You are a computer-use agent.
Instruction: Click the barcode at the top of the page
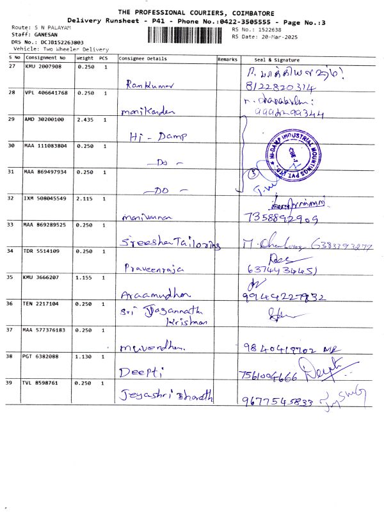click(188, 33)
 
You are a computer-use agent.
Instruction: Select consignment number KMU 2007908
click(44, 67)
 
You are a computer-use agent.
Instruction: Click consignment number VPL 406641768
click(46, 93)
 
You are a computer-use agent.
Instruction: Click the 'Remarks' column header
click(227, 59)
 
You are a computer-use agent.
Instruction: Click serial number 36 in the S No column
click(12, 303)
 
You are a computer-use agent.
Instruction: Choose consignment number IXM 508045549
click(46, 198)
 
